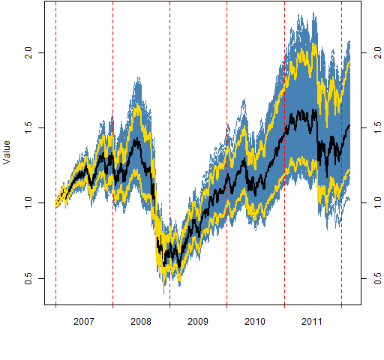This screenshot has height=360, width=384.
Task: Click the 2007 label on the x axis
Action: point(84,321)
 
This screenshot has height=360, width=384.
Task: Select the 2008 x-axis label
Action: point(141,321)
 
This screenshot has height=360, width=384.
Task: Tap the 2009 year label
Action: point(198,321)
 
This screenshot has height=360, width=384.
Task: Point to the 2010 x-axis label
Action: point(255,321)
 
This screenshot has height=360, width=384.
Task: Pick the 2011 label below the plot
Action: point(312,321)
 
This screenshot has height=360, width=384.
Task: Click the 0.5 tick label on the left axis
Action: point(28,278)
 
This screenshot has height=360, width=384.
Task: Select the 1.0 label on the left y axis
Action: point(28,202)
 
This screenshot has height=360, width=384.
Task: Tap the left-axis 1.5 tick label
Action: point(28,127)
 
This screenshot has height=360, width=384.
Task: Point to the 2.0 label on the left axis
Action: point(28,52)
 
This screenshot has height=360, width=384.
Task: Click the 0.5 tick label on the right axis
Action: point(377,278)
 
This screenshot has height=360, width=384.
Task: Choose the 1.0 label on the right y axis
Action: point(377,202)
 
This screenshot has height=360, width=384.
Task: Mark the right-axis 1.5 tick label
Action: point(377,127)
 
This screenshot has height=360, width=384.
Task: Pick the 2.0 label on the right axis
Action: point(377,52)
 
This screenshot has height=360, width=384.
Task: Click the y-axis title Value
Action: point(7,152)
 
